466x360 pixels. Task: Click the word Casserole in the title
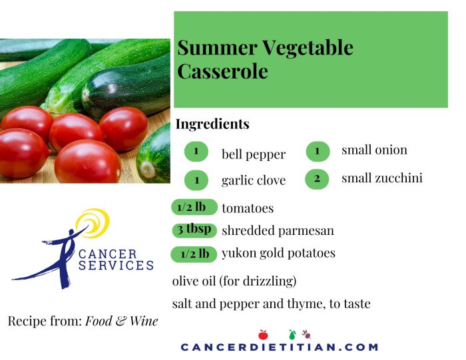[x=222, y=71]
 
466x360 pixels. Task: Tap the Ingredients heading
[x=212, y=124]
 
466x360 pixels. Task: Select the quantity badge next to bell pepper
[x=196, y=152]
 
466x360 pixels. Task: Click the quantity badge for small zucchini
[x=317, y=179]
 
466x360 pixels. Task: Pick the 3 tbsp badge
[x=194, y=230]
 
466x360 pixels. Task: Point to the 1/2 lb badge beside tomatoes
[x=194, y=207]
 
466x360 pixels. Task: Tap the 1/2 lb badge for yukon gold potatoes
[x=194, y=255]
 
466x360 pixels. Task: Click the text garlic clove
[x=254, y=180]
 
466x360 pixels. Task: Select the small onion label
[x=374, y=150]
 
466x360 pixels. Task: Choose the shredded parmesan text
[x=278, y=231]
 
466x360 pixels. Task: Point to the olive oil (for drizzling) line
[x=234, y=281]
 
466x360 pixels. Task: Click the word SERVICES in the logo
[x=116, y=266]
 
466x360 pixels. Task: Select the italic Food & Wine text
[x=122, y=321]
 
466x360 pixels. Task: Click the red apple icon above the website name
[x=263, y=335]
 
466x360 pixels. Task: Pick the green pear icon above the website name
[x=292, y=335]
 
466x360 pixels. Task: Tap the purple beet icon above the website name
[x=306, y=335]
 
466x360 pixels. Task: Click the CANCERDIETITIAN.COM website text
[x=280, y=347]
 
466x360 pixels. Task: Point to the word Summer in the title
[x=217, y=47]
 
